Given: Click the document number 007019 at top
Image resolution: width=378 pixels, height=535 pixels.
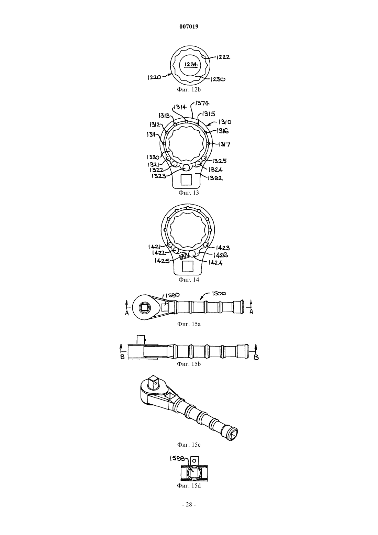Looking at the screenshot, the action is tap(189, 26).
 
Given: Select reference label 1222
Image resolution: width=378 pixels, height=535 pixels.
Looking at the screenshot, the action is tap(223, 57).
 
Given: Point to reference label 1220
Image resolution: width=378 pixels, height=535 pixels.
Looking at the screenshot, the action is tap(154, 77).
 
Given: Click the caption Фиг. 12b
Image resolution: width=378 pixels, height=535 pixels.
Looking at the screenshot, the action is tap(189, 89).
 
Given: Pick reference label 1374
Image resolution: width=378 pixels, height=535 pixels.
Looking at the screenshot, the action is tap(202, 103).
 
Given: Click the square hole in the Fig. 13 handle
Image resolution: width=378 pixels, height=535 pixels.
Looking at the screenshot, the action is tap(186, 180).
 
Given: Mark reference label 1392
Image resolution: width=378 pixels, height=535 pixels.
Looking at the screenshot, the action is tap(215, 178).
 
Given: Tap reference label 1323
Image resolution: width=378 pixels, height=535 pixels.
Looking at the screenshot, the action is tap(159, 176).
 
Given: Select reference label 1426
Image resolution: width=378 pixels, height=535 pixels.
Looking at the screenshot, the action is tap(221, 255).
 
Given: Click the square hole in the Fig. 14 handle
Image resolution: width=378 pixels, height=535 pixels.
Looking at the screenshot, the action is tap(188, 266).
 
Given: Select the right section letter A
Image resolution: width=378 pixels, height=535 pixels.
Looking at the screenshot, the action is tap(251, 312).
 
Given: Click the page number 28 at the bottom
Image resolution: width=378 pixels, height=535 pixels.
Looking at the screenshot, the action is tap(189, 504).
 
